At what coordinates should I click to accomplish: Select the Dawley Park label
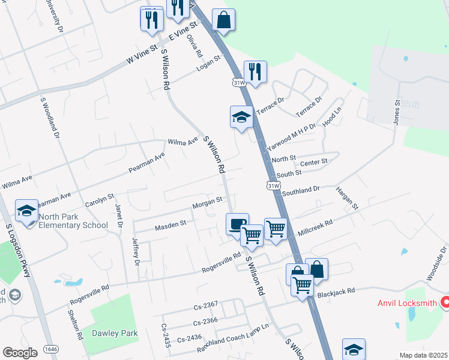(115, 333)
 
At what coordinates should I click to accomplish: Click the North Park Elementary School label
(73, 221)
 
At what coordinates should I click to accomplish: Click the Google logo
(19, 353)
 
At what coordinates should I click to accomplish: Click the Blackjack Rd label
(337, 291)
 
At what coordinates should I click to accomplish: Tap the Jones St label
(396, 113)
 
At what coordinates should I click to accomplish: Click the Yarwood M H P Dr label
(291, 137)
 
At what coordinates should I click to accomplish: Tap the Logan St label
(209, 62)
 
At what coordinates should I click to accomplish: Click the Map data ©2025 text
(423, 355)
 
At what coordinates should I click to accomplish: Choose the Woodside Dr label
(437, 263)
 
